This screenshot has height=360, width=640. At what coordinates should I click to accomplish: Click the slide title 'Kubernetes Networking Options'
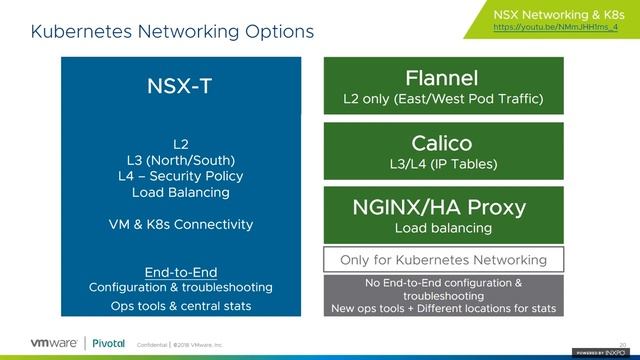172,32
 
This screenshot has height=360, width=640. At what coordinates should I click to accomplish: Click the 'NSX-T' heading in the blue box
180,85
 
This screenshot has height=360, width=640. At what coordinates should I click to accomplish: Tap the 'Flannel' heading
442,78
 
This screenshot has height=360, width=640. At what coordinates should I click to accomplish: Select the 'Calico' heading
442,143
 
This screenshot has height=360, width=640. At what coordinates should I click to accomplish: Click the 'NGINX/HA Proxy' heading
439,207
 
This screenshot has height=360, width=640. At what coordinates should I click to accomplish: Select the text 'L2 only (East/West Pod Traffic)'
442,99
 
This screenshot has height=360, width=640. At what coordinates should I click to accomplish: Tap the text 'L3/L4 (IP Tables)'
442,164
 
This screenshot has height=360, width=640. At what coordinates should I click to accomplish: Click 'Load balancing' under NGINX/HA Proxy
442,228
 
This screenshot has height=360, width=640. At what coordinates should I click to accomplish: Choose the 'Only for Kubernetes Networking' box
443,260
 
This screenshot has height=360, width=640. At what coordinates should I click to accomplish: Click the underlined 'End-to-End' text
181,272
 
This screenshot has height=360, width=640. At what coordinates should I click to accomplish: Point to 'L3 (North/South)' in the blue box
181,160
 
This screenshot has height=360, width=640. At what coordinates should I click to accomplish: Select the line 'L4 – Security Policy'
181,176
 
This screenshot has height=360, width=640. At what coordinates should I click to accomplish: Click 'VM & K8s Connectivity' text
181,224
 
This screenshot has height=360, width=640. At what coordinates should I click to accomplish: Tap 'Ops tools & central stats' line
181,305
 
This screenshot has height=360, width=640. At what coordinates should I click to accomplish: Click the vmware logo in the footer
44,343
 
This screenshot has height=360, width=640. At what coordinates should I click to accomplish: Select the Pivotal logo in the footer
108,343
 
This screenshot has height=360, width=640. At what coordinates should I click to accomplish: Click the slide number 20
622,341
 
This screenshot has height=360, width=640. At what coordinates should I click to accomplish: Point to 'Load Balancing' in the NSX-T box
181,192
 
